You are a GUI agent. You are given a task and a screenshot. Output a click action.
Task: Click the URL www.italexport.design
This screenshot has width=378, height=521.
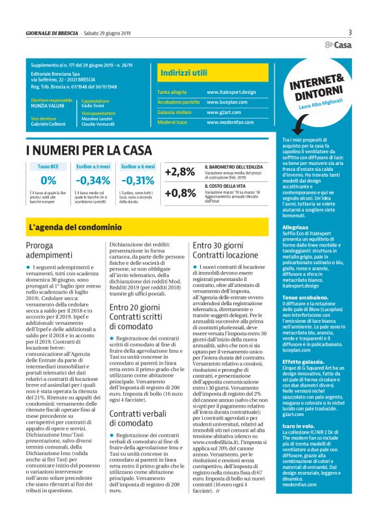(231, 92)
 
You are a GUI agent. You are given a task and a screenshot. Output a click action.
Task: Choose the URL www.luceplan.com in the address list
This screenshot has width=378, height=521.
(227, 102)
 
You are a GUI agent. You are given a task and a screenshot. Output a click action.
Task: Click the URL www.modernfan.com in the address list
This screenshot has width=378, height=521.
(229, 123)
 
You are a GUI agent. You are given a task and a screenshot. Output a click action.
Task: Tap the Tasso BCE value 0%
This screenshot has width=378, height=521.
(48, 181)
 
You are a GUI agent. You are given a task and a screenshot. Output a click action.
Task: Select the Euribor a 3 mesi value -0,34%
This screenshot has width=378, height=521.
(93, 181)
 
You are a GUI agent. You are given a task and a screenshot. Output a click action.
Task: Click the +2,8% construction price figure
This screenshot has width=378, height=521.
(180, 172)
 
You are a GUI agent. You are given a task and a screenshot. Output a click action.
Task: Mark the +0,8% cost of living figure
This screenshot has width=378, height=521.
(180, 193)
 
